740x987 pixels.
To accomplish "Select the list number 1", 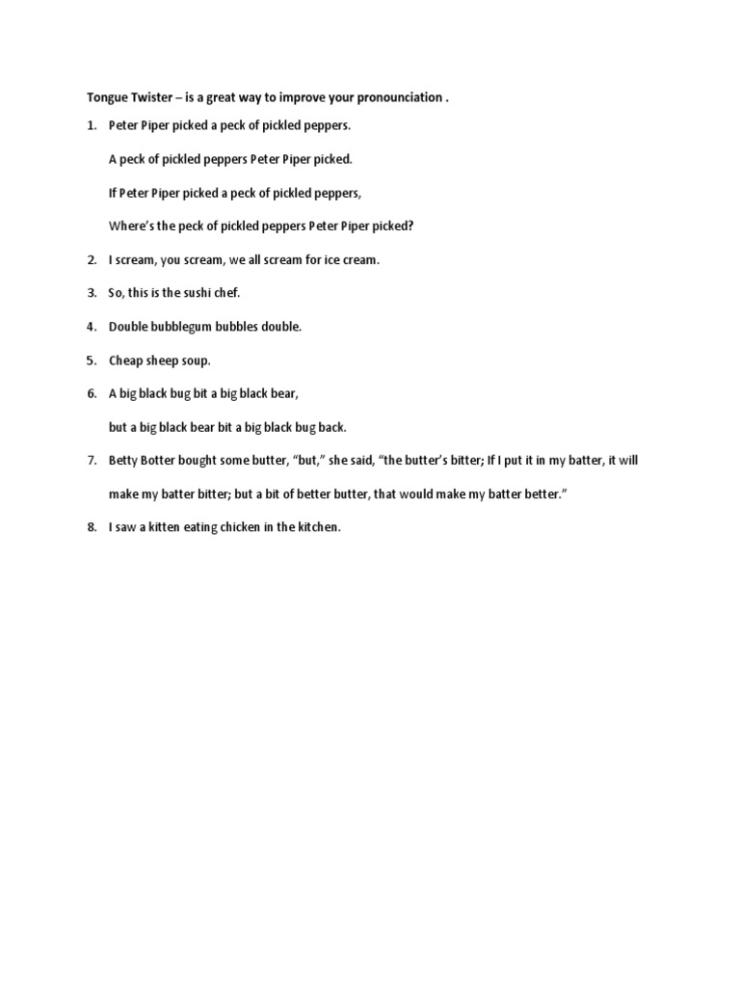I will click(91, 126).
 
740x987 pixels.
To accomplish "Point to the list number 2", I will click(91, 260).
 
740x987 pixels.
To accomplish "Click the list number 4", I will click(91, 327).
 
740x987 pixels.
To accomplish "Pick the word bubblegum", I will click(180, 327).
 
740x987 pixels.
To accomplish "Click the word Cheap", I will click(125, 360).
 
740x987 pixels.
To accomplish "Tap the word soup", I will click(194, 360).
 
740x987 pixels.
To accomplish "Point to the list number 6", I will click(91, 393).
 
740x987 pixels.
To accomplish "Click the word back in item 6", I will click(330, 427).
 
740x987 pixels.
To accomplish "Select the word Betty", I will click(124, 461).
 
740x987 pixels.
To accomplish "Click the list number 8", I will click(91, 527).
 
